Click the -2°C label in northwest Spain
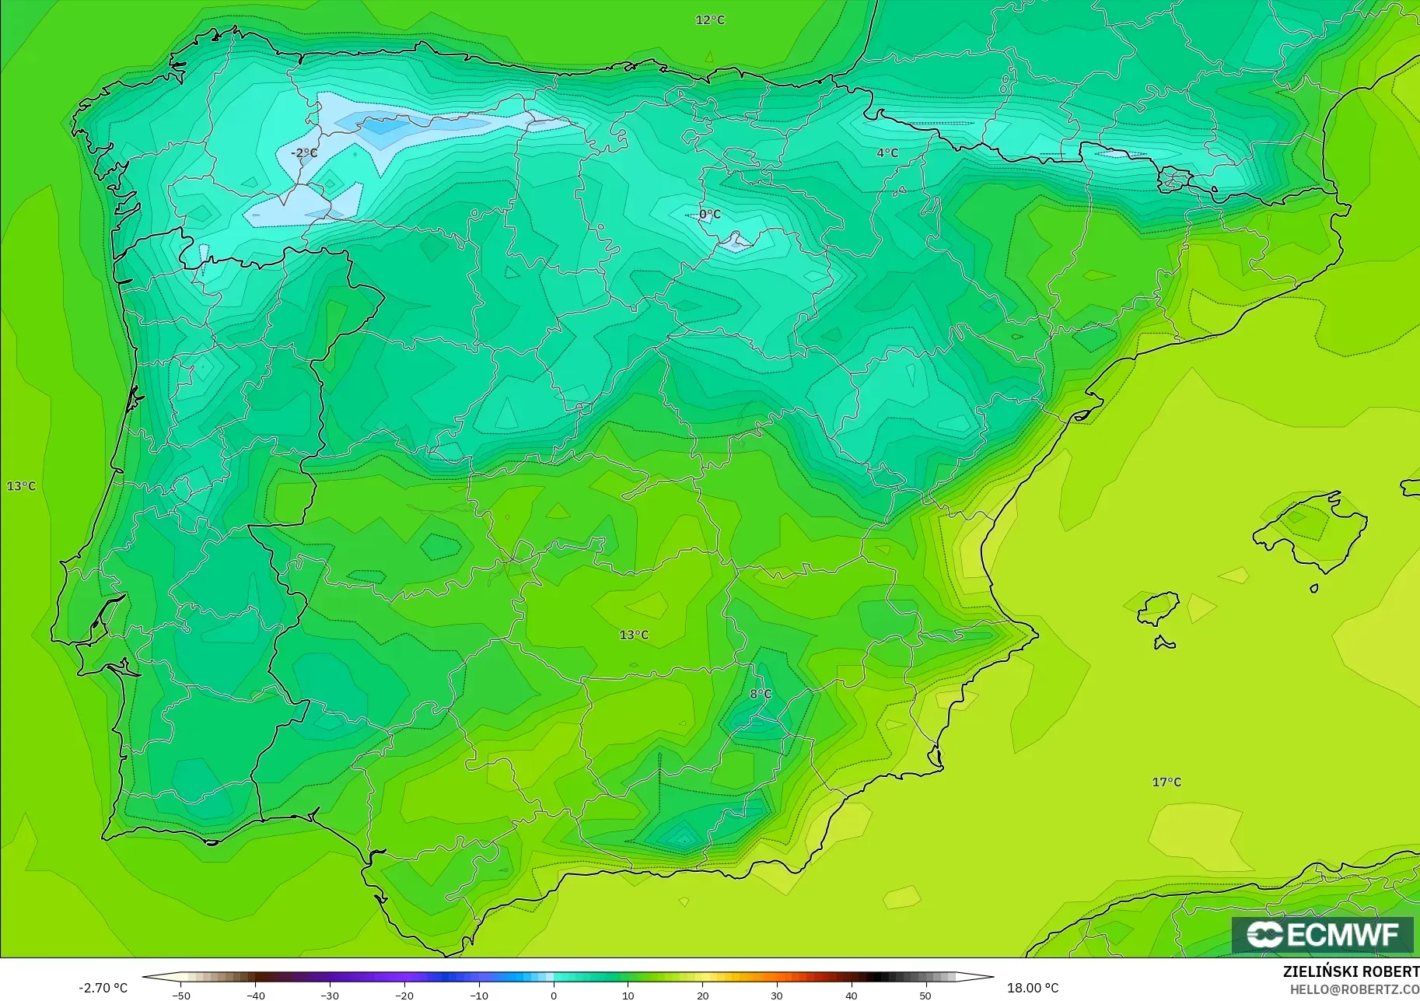(304, 153)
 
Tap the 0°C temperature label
(710, 214)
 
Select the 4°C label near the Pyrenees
(887, 153)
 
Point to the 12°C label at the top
(710, 20)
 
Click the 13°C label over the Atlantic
(22, 486)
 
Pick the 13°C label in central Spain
(634, 635)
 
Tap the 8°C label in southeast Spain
(761, 694)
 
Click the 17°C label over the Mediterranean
(1166, 782)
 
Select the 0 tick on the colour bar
(554, 995)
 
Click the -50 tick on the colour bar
(181, 995)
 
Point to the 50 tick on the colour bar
(925, 995)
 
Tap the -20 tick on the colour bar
(404, 995)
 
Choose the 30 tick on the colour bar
(777, 995)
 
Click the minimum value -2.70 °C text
(103, 988)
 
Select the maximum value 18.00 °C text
(1033, 988)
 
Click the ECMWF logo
(1322, 934)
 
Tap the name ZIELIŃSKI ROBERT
(1351, 971)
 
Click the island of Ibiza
(1157, 608)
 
